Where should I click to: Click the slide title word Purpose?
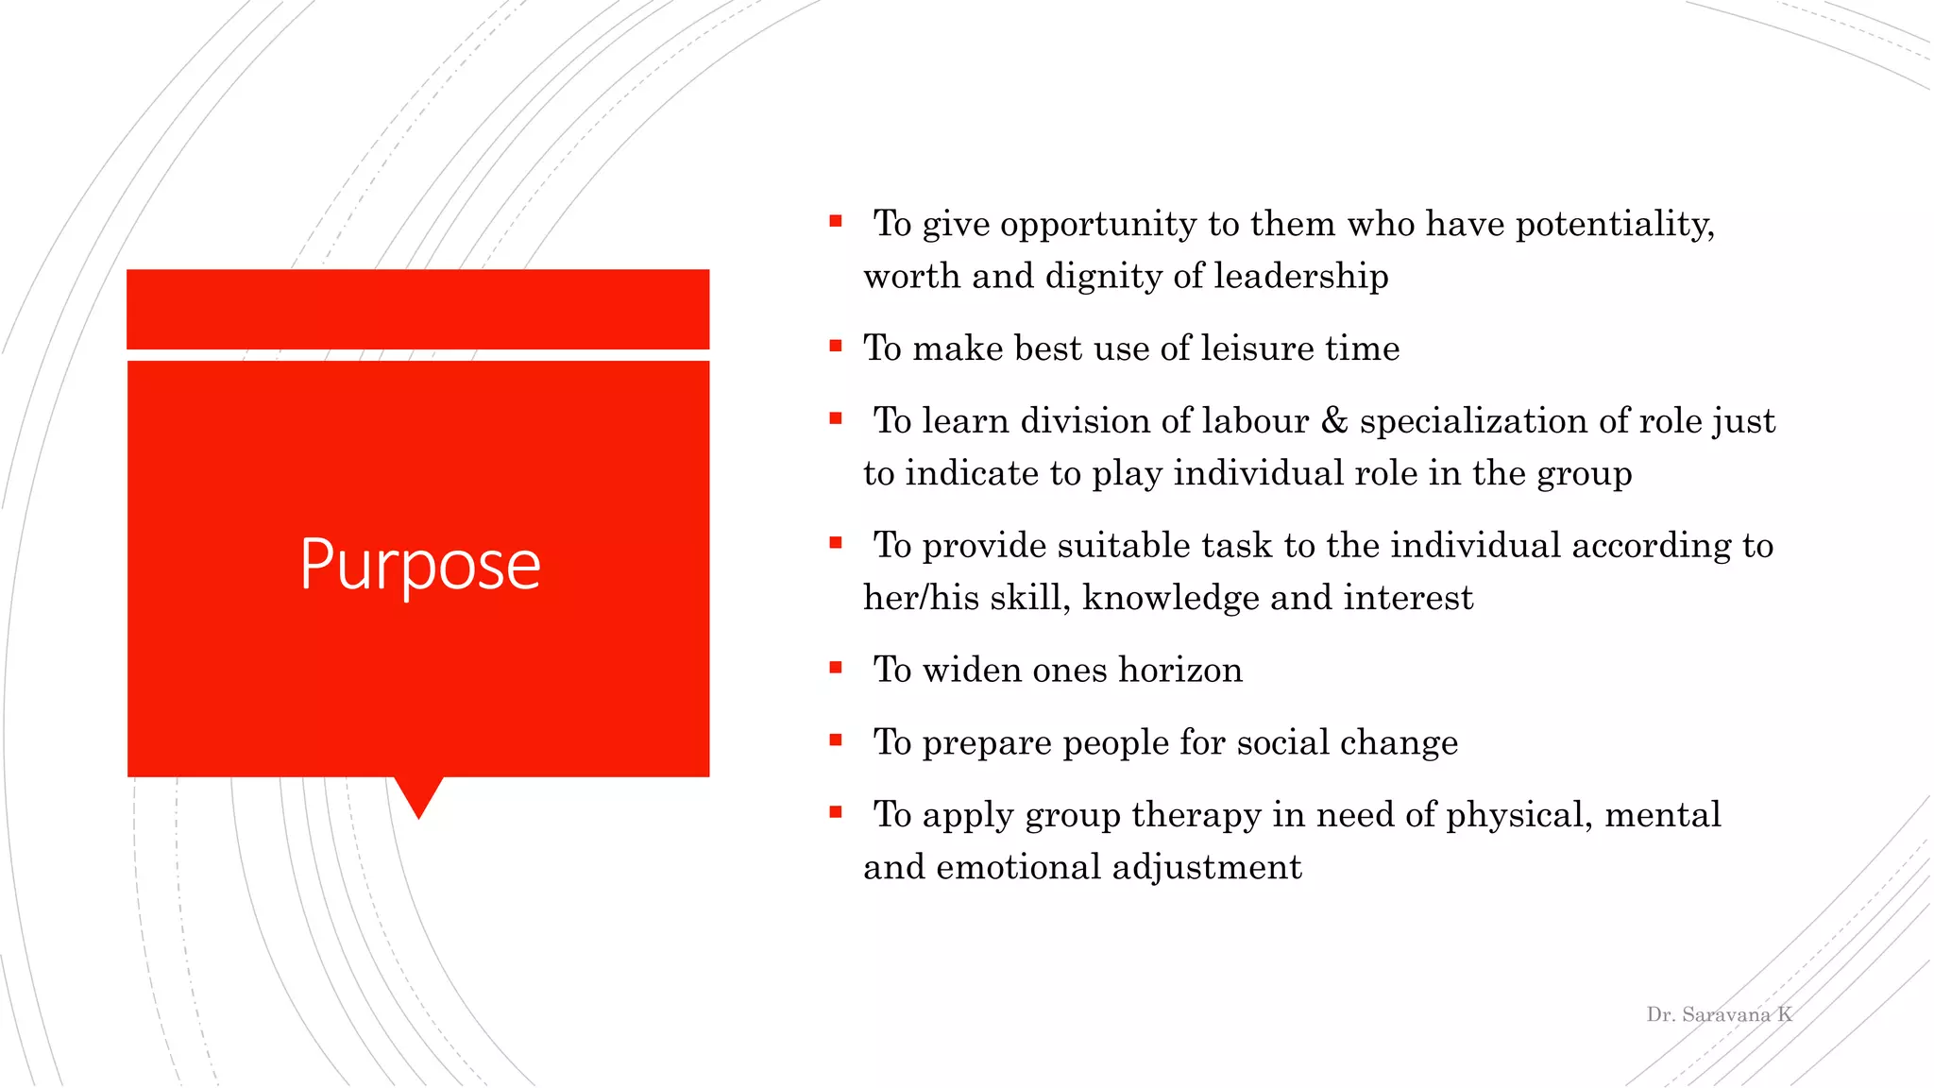point(419,565)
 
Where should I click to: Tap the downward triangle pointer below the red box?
point(418,795)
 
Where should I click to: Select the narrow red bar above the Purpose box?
point(417,309)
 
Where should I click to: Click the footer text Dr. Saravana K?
point(1719,1014)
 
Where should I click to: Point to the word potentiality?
point(1614,225)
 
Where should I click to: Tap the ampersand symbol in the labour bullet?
point(1333,420)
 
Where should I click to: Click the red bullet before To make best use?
point(835,346)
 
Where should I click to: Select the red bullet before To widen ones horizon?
point(835,668)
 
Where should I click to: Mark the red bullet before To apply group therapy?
point(835,812)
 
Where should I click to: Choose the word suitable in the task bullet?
point(1123,546)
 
